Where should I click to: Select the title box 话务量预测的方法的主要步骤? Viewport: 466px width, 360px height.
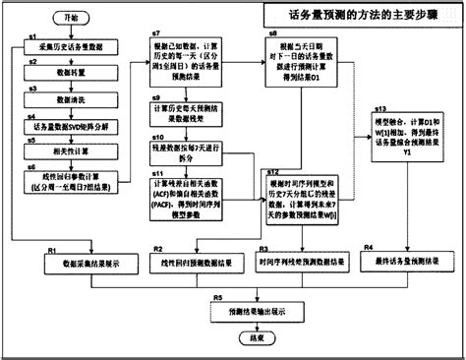pos(360,17)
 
